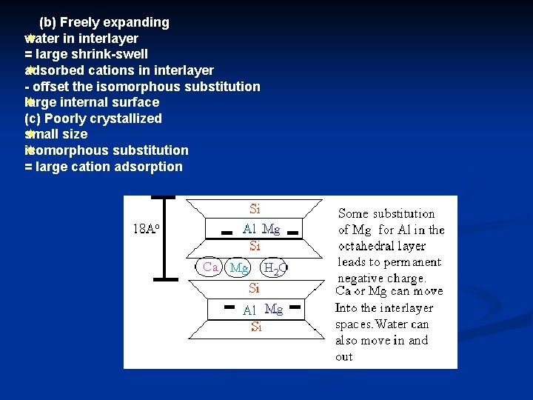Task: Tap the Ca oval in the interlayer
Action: [x=211, y=267]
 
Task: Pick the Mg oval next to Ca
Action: [x=239, y=267]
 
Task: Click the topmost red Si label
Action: [x=255, y=210]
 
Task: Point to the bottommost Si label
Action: [x=256, y=327]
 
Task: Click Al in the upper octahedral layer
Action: [x=249, y=230]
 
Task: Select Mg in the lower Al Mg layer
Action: [x=274, y=310]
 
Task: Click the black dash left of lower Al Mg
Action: [x=229, y=306]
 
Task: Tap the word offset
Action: [x=54, y=87]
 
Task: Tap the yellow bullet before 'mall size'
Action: [x=29, y=134]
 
